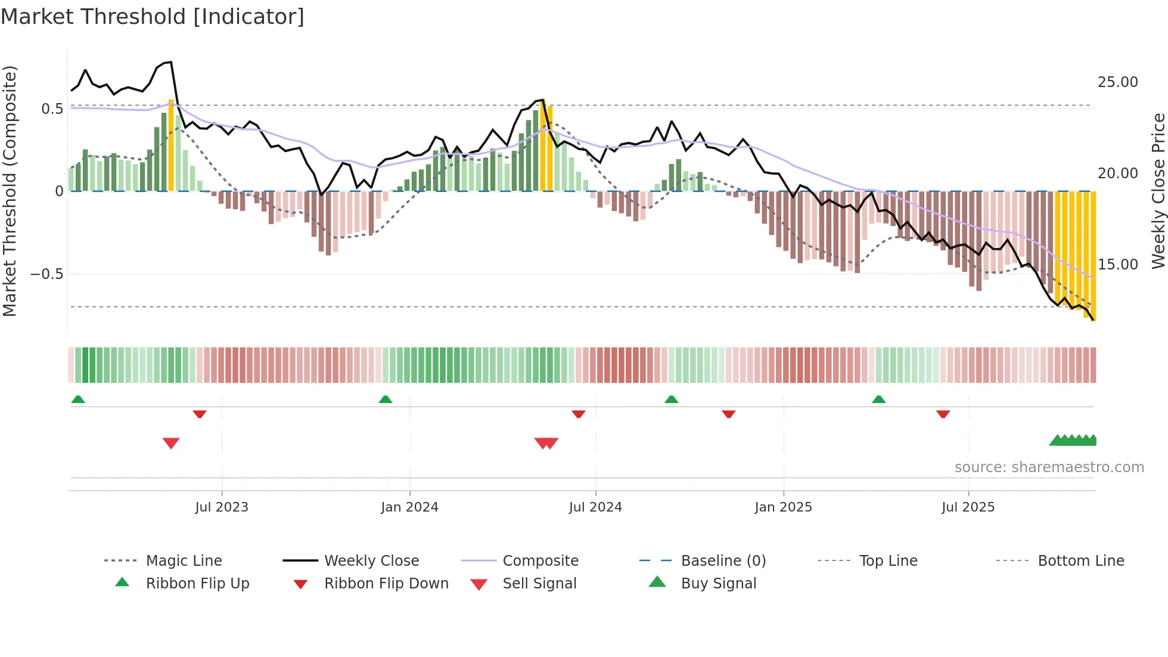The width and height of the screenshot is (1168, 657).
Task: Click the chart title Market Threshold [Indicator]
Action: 153,17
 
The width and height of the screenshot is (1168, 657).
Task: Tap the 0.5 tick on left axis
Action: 52,109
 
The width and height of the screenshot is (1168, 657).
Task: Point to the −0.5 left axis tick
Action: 47,274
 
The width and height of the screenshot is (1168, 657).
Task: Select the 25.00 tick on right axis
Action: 1117,82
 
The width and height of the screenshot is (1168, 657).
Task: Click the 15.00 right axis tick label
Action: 1117,265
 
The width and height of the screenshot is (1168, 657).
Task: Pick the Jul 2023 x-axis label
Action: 222,507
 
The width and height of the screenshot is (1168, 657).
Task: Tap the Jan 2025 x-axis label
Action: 783,507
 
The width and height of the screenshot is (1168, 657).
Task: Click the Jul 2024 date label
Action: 595,507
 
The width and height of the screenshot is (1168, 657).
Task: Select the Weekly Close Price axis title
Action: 1158,191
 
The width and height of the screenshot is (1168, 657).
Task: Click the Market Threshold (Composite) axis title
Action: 10,191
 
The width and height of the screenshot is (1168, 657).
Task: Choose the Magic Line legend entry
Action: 184,561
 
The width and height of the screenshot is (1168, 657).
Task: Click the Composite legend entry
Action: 540,561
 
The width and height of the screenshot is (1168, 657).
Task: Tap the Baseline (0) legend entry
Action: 723,561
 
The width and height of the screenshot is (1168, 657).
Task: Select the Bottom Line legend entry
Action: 1080,561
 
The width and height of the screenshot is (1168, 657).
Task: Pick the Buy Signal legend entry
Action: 718,584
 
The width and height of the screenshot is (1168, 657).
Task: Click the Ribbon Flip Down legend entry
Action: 386,584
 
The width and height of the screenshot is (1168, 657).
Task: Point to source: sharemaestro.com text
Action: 1049,467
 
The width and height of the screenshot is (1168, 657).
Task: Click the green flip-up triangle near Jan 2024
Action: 386,399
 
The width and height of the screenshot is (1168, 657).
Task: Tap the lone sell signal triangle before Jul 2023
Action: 171,443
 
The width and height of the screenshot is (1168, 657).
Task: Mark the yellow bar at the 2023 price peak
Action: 171,146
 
